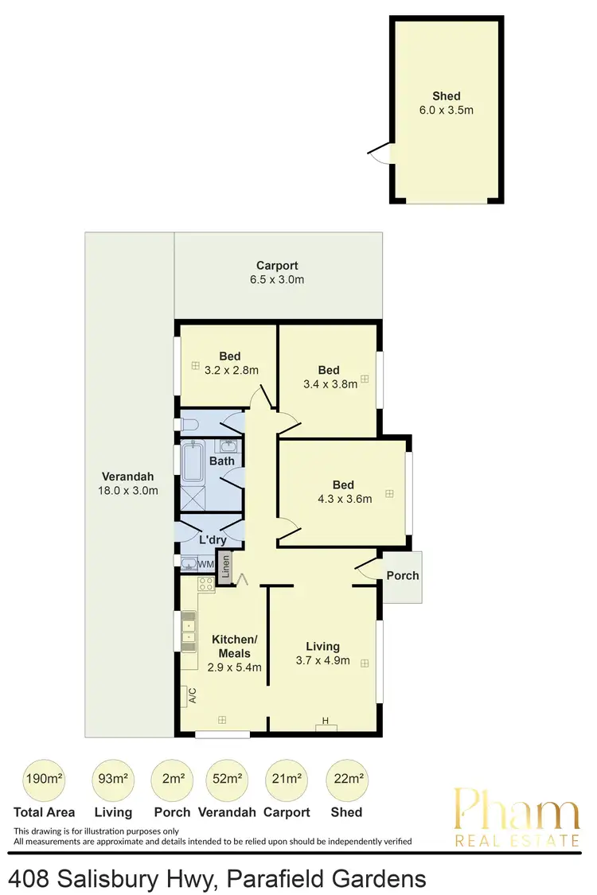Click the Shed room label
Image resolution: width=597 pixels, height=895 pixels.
(x=447, y=96)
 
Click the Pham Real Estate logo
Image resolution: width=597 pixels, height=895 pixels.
(x=516, y=817)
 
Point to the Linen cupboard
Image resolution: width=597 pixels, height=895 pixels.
(x=224, y=568)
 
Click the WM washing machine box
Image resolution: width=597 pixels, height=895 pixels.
(x=205, y=565)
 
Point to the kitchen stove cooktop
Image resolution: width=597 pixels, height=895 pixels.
(x=205, y=586)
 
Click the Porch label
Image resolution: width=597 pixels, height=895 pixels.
(x=403, y=576)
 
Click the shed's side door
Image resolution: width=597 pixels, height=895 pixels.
(x=381, y=152)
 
